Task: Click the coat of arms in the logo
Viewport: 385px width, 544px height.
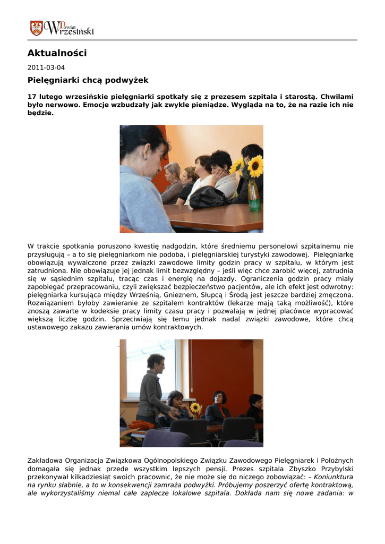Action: pos(37,28)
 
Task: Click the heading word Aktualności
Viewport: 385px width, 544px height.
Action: pos(57,53)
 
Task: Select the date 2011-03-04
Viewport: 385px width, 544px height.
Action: pos(46,67)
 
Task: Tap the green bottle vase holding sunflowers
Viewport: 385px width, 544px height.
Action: pos(254,197)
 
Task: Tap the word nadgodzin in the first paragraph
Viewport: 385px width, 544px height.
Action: pos(181,246)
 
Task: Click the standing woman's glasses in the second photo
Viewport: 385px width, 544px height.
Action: pos(160,364)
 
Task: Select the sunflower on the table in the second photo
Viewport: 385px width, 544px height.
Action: pos(195,408)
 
